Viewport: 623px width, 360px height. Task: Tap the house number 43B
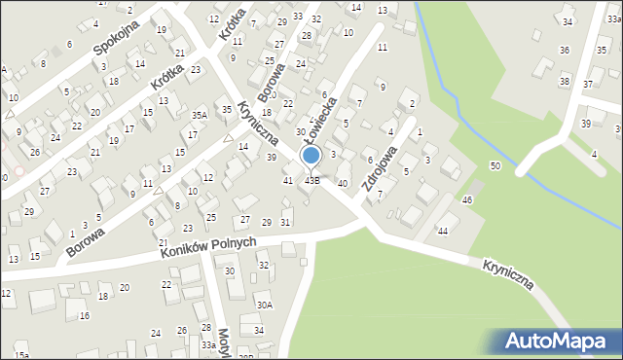[x=312, y=180]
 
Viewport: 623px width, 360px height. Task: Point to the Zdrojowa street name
[x=379, y=168]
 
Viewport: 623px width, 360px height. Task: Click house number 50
[x=495, y=166]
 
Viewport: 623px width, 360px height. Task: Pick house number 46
[x=467, y=199]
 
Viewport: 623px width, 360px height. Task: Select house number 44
[x=443, y=231]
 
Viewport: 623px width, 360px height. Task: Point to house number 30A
[x=265, y=305]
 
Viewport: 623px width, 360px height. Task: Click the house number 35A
[x=199, y=115]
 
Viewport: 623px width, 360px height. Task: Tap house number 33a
[x=208, y=344]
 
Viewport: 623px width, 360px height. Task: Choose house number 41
[x=288, y=180]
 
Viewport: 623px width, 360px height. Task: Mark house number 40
[x=342, y=183]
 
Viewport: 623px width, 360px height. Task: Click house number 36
[x=564, y=50]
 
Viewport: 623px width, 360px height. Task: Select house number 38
[x=565, y=81]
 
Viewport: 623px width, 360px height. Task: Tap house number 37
[x=587, y=85]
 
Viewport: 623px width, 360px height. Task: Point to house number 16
[x=85, y=316]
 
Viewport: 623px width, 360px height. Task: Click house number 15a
[x=21, y=355]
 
